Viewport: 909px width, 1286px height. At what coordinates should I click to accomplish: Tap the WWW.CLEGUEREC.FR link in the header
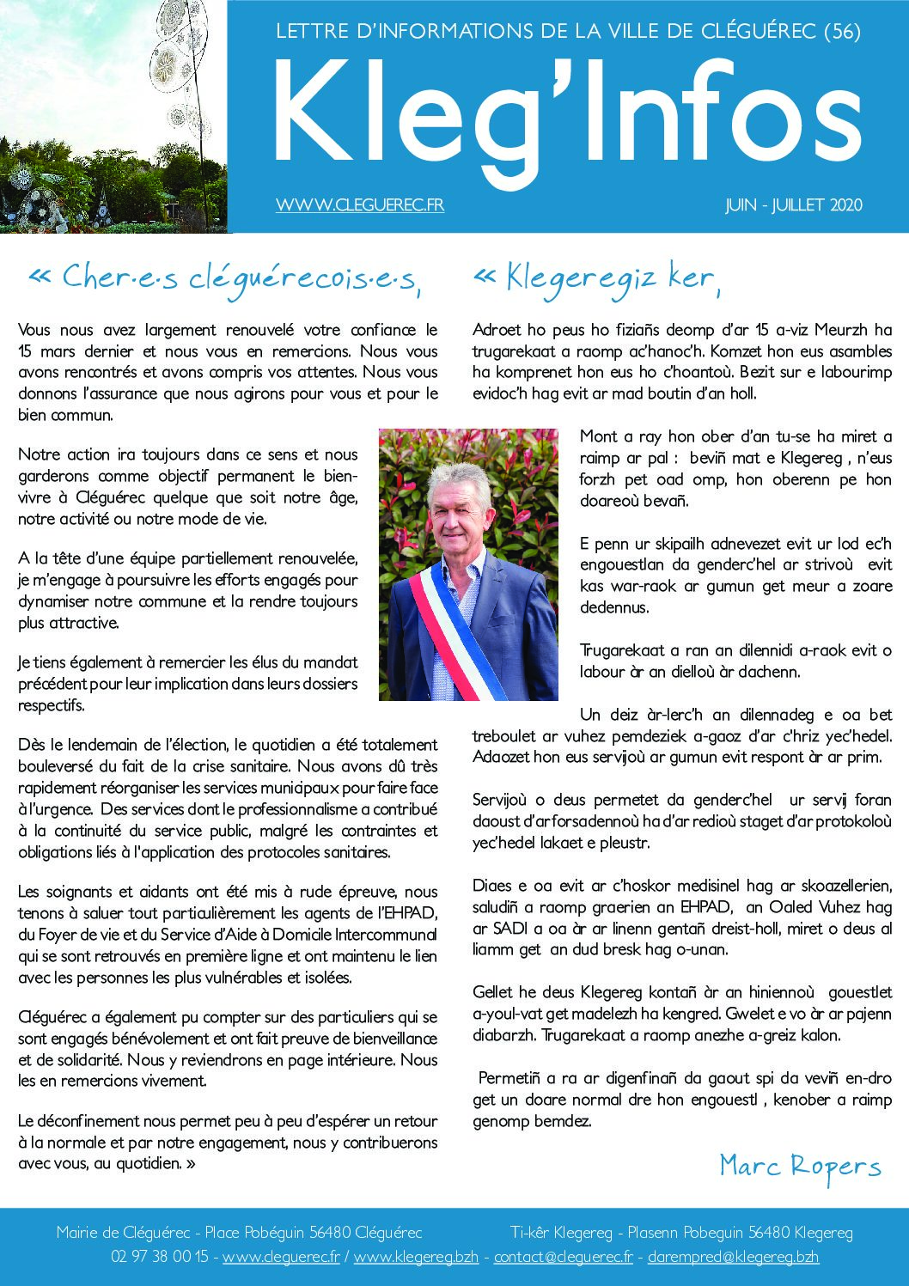(360, 204)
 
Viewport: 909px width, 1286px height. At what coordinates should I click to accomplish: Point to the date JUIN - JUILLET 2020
(793, 205)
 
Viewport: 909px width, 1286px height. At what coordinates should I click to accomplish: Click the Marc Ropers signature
(800, 1166)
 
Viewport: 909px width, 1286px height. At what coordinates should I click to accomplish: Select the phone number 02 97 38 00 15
(160, 1256)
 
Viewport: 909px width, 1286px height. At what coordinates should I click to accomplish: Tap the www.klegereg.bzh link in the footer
(416, 1256)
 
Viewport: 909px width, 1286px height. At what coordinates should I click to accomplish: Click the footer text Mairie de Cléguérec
(124, 1232)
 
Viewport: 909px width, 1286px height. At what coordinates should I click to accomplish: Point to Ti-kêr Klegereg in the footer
(561, 1232)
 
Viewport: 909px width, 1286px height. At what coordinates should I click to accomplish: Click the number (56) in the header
(842, 32)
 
